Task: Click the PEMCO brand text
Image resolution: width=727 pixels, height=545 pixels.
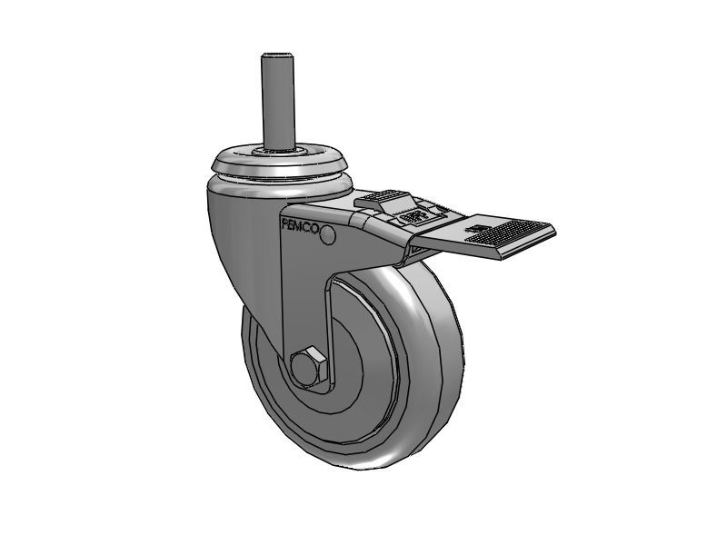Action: tap(300, 228)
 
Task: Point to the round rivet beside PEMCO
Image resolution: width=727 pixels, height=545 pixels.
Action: tap(328, 236)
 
